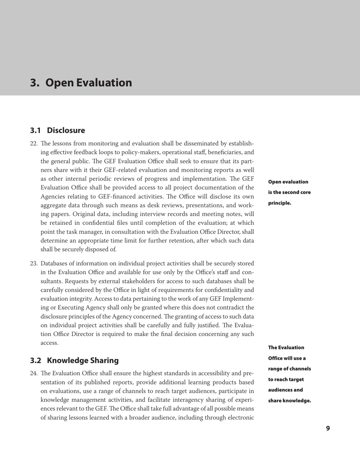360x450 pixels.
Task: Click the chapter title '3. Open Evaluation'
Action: coord(81,83)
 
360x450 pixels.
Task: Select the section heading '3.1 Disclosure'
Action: coord(57,131)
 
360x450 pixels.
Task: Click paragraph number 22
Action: coord(34,145)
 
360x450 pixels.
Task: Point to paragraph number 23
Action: coord(34,263)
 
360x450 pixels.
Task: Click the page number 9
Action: coord(328,428)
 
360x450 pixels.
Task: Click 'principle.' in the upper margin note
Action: coord(280,203)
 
